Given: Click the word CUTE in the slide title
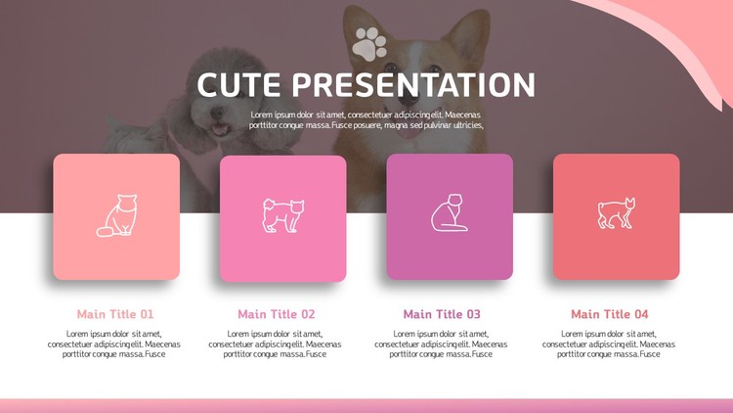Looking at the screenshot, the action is (238, 85).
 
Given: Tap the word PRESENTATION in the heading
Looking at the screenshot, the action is (413, 85).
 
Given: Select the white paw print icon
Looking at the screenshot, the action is (369, 44).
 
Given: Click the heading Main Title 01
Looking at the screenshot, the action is (115, 314).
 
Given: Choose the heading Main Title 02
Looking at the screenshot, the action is (277, 314).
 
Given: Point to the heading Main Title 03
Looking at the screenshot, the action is (442, 314).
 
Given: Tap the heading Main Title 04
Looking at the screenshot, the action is (610, 314).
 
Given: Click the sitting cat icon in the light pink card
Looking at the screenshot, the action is (117, 216).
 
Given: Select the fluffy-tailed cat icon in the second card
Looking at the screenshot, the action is (282, 215).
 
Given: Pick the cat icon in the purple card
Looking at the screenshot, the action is (449, 213).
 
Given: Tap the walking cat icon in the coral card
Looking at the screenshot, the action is (617, 213).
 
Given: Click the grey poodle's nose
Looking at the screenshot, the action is (216, 112).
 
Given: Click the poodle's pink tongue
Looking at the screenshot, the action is (219, 130).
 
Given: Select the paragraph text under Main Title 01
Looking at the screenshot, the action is (113, 344).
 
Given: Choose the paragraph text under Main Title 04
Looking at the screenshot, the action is (609, 344).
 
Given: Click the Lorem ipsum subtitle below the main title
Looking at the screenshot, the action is (366, 119).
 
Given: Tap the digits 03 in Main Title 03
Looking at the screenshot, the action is (473, 314).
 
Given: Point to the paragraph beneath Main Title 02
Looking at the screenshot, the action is (275, 344).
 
